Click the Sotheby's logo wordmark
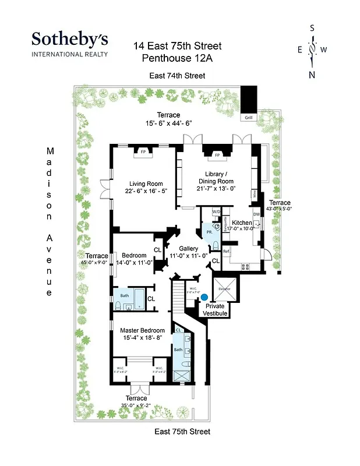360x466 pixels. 69,40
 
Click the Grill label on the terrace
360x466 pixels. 249,117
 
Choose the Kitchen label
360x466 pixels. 242,223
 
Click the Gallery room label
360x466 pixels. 188,249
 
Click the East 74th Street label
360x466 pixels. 177,76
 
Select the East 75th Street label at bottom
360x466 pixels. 182,432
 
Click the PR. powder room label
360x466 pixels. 209,232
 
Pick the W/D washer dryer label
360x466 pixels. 216,211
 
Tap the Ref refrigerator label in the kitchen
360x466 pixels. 227,251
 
